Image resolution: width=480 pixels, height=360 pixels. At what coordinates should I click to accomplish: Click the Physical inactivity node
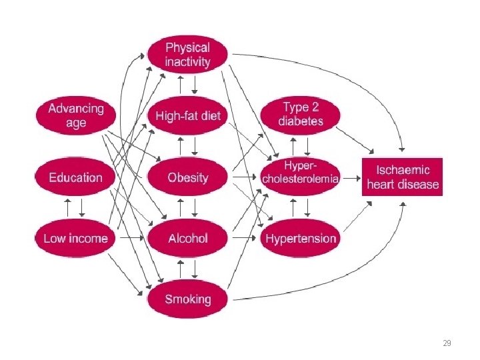coord(187,55)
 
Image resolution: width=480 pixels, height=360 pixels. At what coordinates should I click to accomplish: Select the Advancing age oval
coord(76,115)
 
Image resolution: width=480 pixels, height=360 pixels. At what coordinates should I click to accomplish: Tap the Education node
coord(75,177)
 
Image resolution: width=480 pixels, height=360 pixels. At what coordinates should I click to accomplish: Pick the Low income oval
coord(75,238)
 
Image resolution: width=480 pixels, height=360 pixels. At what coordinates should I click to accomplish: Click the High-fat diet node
coord(187,116)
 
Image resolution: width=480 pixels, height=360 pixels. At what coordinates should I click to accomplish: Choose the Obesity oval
coord(187,177)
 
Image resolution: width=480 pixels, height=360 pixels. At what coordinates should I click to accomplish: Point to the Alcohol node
coord(187,238)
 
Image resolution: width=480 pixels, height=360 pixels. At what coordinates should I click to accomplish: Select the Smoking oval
coord(187,299)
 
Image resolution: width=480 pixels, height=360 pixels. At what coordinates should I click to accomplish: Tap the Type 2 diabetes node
coord(302,115)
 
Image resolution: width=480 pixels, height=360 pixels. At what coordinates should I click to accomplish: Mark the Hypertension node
coord(302,238)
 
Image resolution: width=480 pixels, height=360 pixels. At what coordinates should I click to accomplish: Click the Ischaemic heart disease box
coord(403,177)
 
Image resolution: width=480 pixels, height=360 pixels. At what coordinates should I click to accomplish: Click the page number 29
coord(447,343)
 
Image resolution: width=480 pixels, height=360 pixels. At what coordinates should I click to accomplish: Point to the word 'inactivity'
coord(187,62)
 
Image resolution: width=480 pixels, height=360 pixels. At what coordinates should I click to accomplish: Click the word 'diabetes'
coord(302,122)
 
